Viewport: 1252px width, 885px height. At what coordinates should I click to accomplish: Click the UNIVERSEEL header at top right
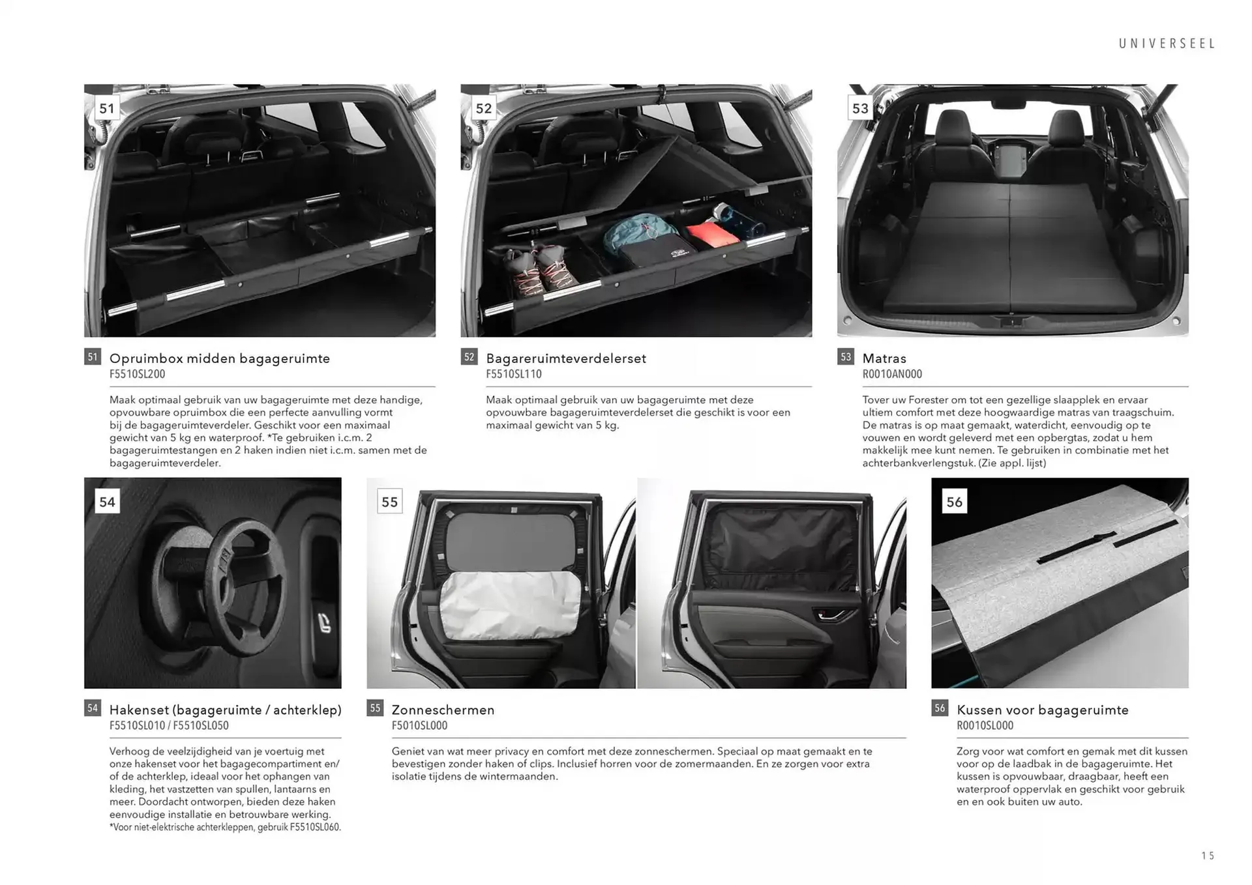(x=1167, y=44)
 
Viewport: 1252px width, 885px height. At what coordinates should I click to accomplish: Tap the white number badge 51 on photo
(x=107, y=108)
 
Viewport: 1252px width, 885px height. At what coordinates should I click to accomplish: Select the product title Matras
(x=884, y=358)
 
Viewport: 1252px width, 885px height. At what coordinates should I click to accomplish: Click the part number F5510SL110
(x=513, y=374)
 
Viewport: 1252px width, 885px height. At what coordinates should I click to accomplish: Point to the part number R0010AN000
(x=891, y=374)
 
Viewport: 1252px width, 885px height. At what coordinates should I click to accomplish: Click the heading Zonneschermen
(x=443, y=710)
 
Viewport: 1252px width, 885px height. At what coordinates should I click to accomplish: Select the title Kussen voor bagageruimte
(x=1042, y=710)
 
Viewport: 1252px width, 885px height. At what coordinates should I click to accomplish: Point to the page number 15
(x=1208, y=856)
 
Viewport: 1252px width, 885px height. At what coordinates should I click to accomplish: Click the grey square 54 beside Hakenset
(x=93, y=708)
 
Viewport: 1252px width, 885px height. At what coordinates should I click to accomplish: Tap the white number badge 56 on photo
(x=954, y=502)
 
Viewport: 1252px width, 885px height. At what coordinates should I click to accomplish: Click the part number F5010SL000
(x=419, y=725)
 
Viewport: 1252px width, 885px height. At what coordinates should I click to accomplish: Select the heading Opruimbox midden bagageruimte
(x=219, y=358)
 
